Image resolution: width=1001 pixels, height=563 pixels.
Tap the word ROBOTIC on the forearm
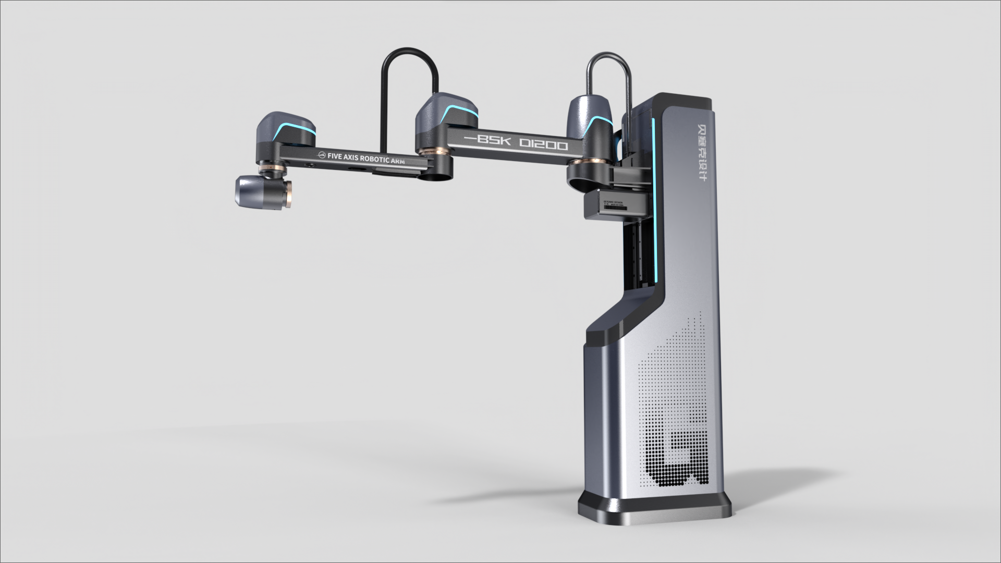point(374,158)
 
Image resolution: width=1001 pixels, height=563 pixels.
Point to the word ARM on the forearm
point(397,161)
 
